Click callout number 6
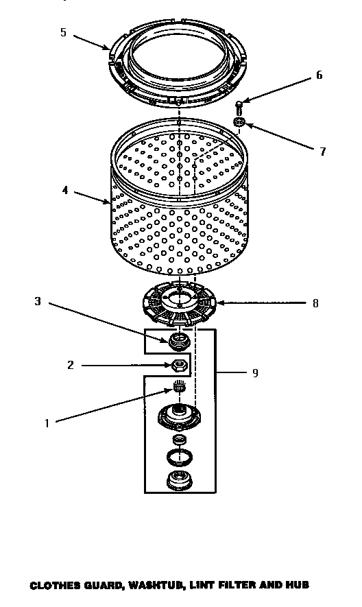click(x=319, y=75)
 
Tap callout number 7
click(x=323, y=152)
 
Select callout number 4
click(x=64, y=190)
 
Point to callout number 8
click(x=315, y=302)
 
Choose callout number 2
click(x=71, y=365)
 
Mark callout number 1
click(x=47, y=423)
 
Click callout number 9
click(x=255, y=372)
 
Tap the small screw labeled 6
click(x=239, y=106)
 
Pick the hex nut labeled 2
click(x=180, y=365)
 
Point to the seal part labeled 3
click(x=178, y=339)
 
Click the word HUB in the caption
click(x=298, y=585)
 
